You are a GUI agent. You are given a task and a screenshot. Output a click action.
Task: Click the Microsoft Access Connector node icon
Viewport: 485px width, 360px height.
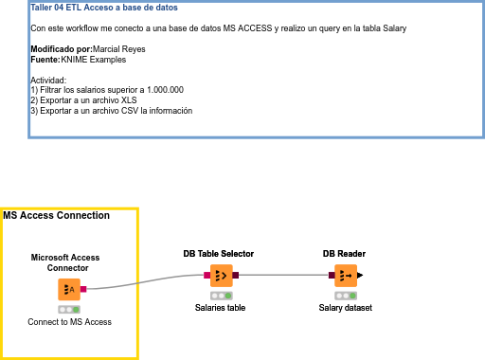(69, 289)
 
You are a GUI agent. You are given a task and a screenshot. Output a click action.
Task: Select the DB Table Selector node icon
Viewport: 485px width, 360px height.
(221, 276)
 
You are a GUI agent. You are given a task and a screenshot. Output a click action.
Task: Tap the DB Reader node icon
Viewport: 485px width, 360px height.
(345, 276)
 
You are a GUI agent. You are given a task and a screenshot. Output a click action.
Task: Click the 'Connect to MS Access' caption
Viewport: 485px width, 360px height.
(69, 322)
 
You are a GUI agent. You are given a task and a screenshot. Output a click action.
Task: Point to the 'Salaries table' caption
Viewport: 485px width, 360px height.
(221, 308)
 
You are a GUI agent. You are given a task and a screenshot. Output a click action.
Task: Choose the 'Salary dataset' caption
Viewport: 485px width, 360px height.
(345, 308)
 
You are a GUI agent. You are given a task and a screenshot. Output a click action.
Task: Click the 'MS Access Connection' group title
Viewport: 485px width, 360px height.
(57, 216)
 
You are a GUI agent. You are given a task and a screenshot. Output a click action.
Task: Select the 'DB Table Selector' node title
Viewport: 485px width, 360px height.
(219, 254)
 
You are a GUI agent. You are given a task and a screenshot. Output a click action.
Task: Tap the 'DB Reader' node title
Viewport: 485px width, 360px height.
(344, 254)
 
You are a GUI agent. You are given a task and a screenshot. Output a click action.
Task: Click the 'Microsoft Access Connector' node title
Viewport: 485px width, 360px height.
(65, 262)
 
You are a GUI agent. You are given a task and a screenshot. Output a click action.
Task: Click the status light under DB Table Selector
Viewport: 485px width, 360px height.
(221, 295)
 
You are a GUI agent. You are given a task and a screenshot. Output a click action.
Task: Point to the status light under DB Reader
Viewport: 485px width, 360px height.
(345, 295)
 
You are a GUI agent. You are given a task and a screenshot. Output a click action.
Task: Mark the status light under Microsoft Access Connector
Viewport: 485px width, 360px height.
(69, 309)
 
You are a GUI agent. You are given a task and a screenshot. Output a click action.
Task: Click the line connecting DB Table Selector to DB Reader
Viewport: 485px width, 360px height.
(284, 276)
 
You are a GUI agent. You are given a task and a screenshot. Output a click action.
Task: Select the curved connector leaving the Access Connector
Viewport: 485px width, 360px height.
(142, 282)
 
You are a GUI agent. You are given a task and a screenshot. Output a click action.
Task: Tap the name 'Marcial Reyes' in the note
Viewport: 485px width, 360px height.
(119, 49)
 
